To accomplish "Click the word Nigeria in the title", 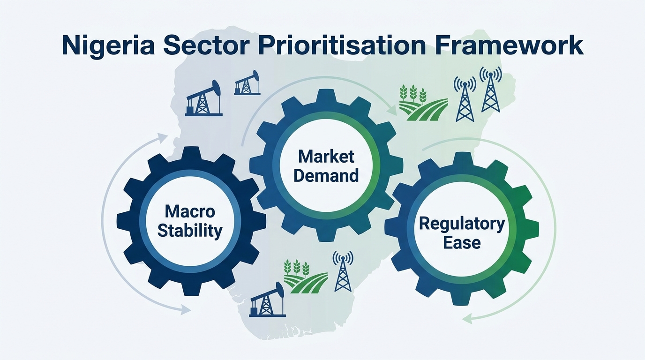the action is coord(108,46).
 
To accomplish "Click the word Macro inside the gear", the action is coord(190,212).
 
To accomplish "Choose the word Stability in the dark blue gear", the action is coord(190,231).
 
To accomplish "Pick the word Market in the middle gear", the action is coord(326,157).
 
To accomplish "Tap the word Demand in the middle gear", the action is coord(326,175).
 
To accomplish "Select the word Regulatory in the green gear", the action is coord(462,224).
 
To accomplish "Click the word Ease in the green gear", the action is coord(462,242).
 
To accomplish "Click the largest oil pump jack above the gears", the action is coord(203,98).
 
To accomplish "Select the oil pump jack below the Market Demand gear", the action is coord(267,299).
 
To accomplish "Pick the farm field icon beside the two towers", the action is coord(423,103).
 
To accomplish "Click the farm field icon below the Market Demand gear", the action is coord(306,277).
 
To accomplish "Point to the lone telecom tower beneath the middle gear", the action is coord(343,271).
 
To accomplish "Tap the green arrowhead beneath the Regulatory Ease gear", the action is coord(467,318).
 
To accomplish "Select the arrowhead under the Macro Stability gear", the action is coord(185,310).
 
